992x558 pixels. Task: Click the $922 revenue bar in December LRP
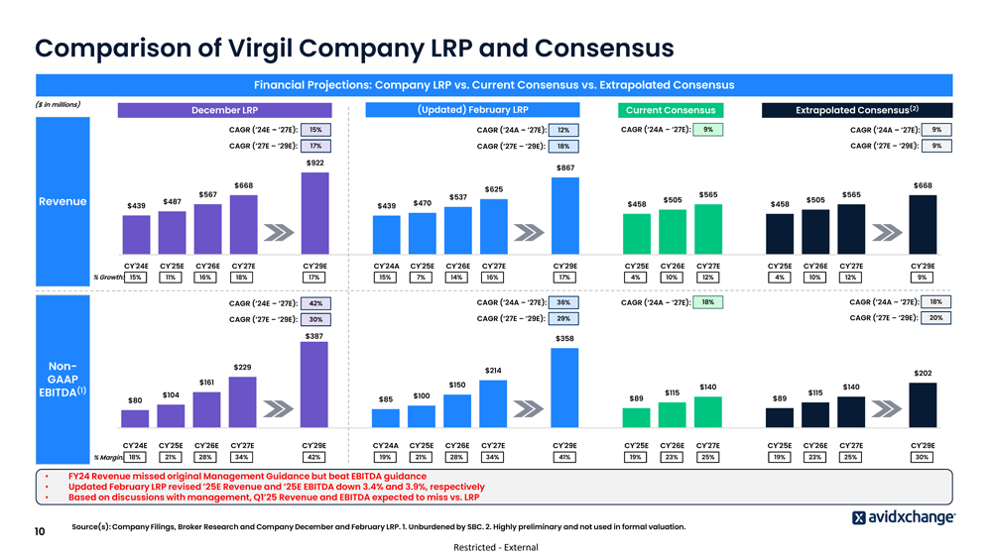pos(314,212)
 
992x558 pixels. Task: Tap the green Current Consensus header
pos(670,110)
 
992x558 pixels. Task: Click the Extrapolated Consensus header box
pos(856,110)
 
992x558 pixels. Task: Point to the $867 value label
pos(564,168)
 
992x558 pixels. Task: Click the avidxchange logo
pos(904,517)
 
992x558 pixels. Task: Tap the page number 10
pos(40,532)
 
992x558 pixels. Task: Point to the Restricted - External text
pos(496,547)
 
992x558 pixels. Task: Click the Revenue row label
pos(62,201)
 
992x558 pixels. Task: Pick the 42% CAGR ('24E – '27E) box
pos(315,303)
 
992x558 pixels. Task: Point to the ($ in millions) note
pos(57,104)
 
